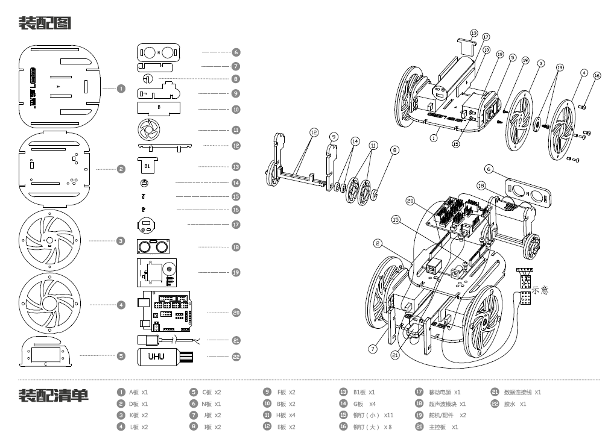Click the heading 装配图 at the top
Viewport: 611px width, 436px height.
pyautogui.click(x=46, y=23)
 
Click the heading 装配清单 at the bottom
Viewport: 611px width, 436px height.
pyautogui.click(x=54, y=396)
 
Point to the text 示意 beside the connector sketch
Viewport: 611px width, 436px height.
pyautogui.click(x=540, y=290)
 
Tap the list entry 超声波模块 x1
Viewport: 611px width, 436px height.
pyautogui.click(x=447, y=404)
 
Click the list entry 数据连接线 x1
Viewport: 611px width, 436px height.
pyautogui.click(x=522, y=392)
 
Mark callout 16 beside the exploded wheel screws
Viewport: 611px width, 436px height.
pyautogui.click(x=597, y=76)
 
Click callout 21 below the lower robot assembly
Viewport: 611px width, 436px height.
pyautogui.click(x=395, y=355)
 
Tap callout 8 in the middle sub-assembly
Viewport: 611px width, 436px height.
pyautogui.click(x=394, y=149)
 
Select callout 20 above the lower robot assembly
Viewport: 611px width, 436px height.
pyautogui.click(x=410, y=201)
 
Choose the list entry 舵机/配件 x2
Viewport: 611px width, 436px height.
pyautogui.click(x=447, y=416)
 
